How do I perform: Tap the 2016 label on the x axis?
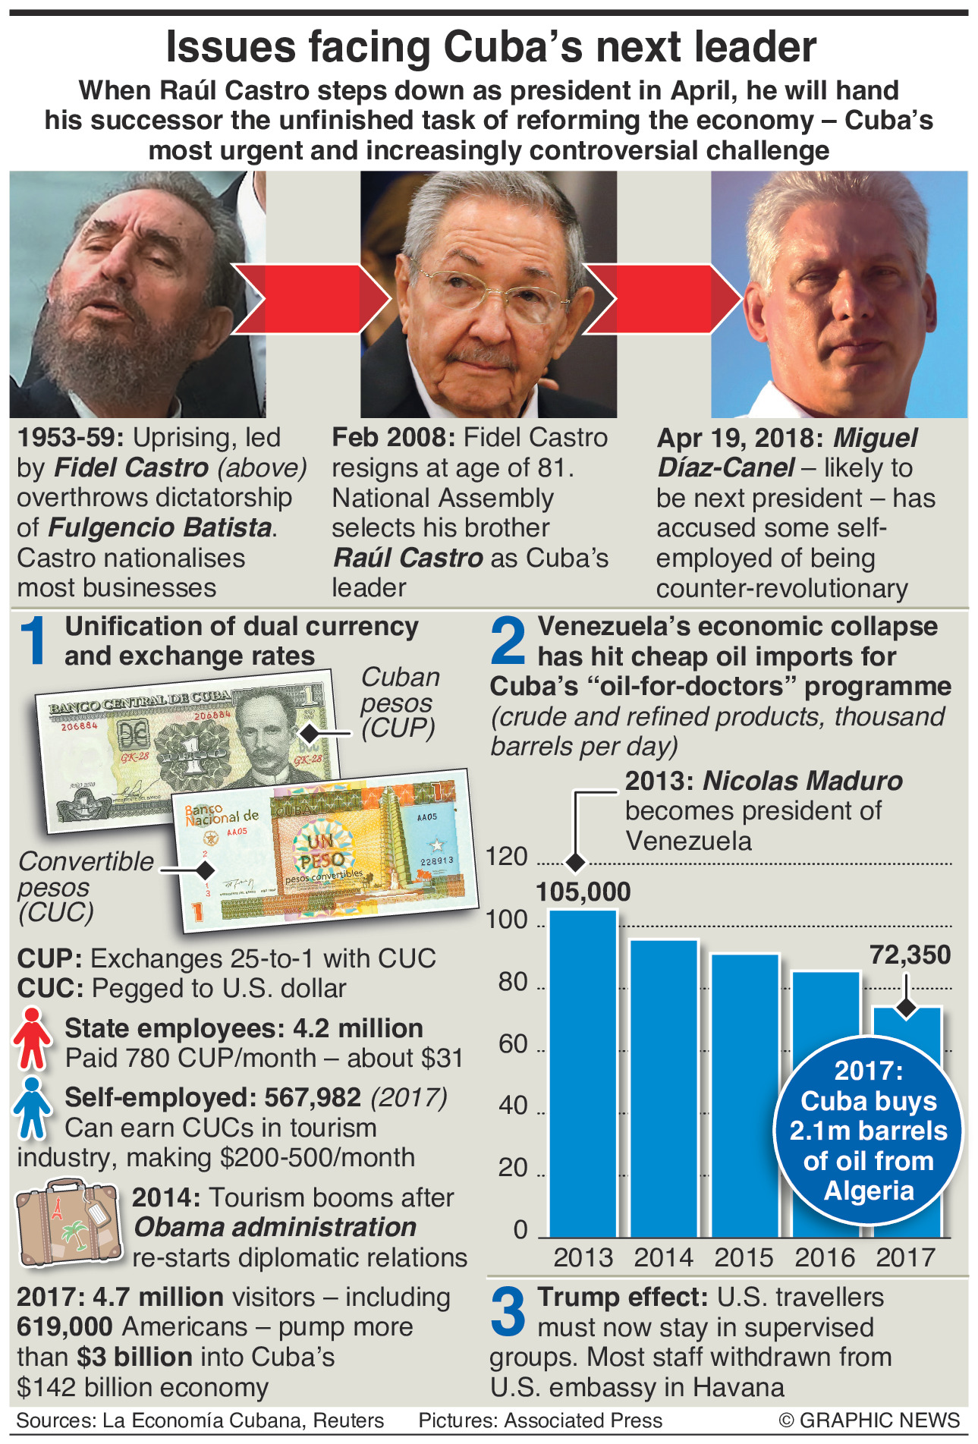click(x=825, y=1257)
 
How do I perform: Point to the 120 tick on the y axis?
click(x=507, y=857)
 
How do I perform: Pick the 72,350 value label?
click(x=910, y=955)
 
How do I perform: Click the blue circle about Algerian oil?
click(x=869, y=1131)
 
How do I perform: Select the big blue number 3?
click(x=508, y=1312)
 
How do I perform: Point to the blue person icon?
click(x=32, y=1109)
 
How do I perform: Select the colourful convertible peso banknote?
click(x=326, y=850)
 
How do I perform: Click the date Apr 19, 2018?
click(x=740, y=439)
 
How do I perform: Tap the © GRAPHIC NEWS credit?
click(x=869, y=1420)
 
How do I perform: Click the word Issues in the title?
click(x=229, y=47)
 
